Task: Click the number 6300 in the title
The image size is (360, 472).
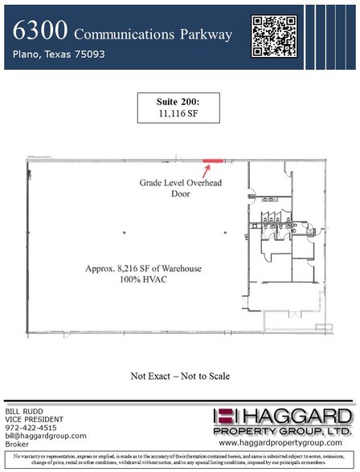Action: [x=39, y=33]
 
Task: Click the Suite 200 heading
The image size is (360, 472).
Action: [x=179, y=104]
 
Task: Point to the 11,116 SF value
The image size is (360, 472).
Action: [x=179, y=116]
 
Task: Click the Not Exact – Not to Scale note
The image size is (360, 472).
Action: [x=180, y=376]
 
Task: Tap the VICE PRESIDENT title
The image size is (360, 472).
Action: [x=35, y=418]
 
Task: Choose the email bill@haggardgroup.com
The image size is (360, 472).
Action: [x=46, y=436]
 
